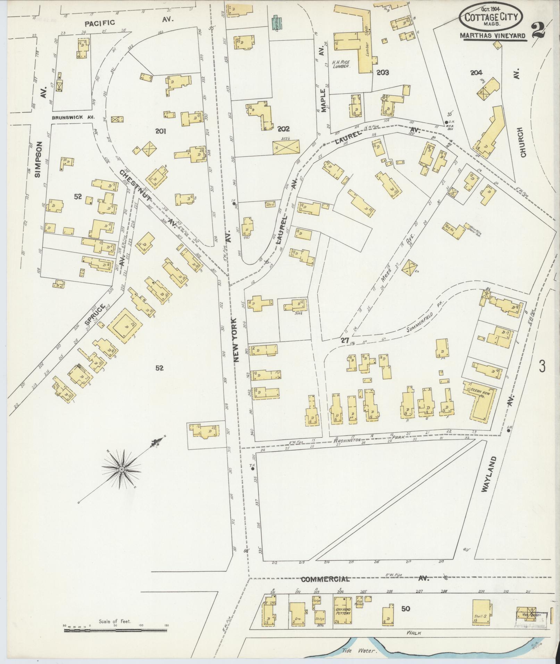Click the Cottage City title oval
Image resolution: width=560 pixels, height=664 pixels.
point(492,18)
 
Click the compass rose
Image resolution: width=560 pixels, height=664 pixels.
point(122,469)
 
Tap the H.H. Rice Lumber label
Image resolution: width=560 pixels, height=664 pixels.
point(341,64)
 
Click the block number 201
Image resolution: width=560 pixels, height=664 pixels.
point(161,131)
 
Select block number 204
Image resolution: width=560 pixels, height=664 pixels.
point(476,73)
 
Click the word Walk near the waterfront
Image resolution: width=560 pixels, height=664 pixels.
point(415,633)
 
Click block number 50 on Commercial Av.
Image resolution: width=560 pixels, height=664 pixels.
point(406,608)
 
